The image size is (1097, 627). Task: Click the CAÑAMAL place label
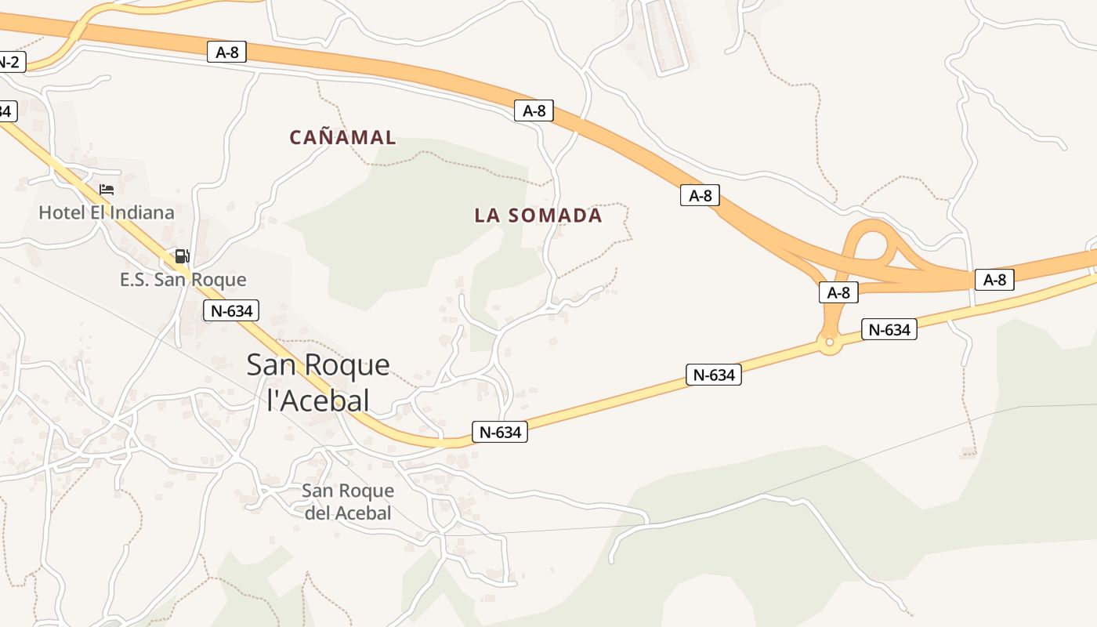(342, 137)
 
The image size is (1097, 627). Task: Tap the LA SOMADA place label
(538, 216)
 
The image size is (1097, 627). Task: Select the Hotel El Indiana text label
(107, 212)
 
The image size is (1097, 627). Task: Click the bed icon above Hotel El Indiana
(107, 190)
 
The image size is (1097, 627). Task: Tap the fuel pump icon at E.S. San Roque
(182, 256)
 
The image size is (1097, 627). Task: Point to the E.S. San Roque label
(183, 280)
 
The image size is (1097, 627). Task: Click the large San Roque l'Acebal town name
(318, 382)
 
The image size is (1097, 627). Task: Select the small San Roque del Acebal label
(347, 502)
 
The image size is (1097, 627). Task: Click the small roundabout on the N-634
(829, 342)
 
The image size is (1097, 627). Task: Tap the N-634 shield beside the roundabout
(889, 329)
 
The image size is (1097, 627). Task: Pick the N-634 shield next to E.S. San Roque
(231, 310)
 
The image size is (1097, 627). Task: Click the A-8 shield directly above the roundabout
(838, 292)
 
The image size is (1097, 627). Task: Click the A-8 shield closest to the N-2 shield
(227, 53)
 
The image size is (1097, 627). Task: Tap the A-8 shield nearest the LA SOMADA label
(534, 111)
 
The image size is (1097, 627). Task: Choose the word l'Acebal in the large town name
(318, 401)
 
